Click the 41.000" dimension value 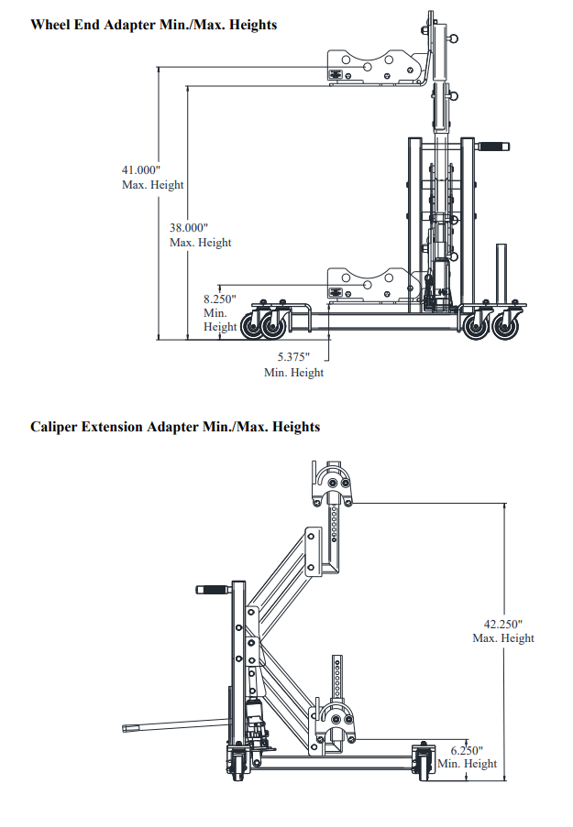pyautogui.click(x=141, y=169)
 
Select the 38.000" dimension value pyautogui.click(x=189, y=228)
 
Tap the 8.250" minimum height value pyautogui.click(x=220, y=299)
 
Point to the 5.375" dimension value pyautogui.click(x=293, y=357)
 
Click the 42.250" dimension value pyautogui.click(x=503, y=625)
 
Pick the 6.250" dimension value pyautogui.click(x=467, y=750)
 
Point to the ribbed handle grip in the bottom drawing pyautogui.click(x=213, y=589)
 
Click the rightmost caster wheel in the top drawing pyautogui.click(x=505, y=326)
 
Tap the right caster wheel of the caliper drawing pyautogui.click(x=424, y=762)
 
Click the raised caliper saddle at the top pyautogui.click(x=332, y=484)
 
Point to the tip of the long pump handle pyautogui.click(x=124, y=729)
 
